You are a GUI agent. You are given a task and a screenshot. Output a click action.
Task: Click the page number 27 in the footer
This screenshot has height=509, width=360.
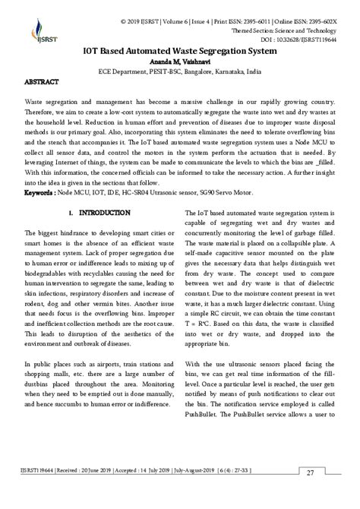pyautogui.click(x=311, y=495)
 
